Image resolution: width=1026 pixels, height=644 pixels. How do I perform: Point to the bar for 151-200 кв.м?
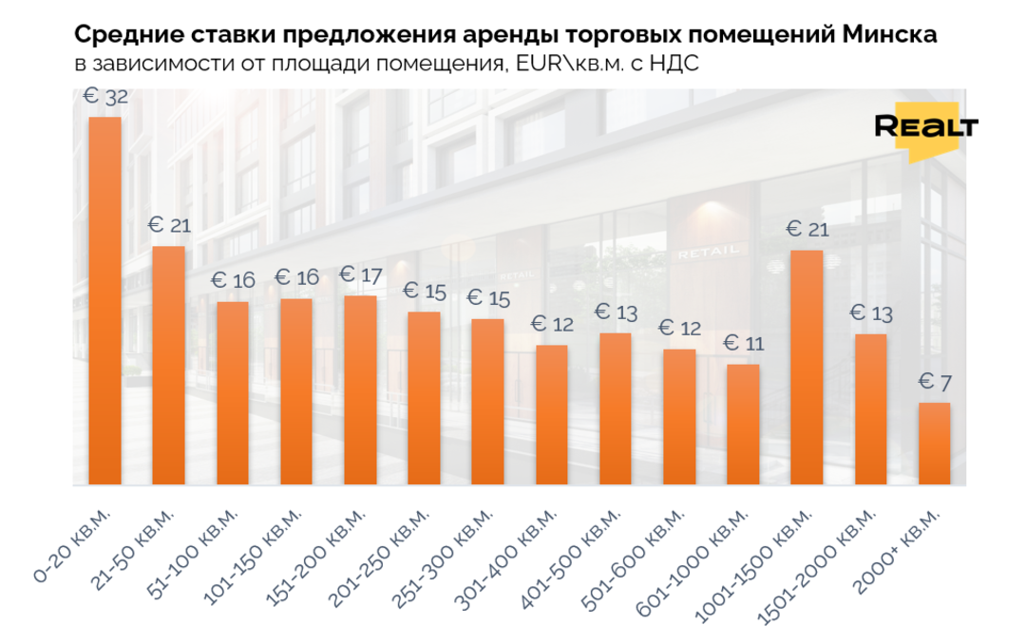pyautogui.click(x=360, y=389)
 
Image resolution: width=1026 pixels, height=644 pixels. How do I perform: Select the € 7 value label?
pyautogui.click(x=935, y=384)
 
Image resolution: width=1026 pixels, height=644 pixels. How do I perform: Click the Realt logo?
pyautogui.click(x=925, y=129)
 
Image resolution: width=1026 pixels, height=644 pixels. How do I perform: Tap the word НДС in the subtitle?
pyautogui.click(x=678, y=65)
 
